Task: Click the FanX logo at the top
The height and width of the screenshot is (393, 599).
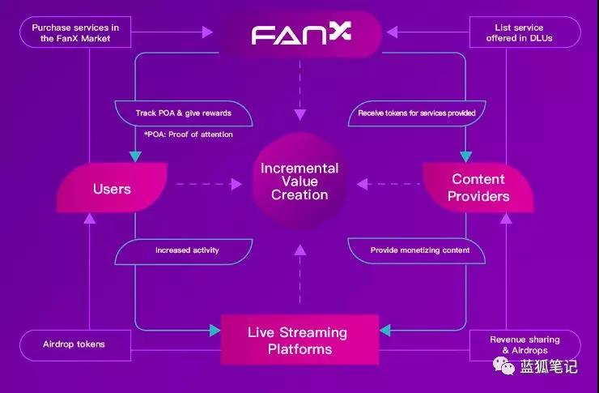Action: [x=301, y=33]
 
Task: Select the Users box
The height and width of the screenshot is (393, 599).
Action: [x=113, y=188]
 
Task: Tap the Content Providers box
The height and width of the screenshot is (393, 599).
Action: [x=478, y=188]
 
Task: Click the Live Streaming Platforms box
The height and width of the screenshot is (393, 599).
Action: [x=299, y=340]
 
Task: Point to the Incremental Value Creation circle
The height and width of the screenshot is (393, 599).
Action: [x=299, y=182]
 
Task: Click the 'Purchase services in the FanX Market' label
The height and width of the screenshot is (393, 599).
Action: [x=75, y=32]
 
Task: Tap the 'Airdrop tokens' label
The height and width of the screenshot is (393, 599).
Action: [x=75, y=345]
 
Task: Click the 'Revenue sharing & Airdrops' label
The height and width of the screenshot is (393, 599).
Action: [x=525, y=345]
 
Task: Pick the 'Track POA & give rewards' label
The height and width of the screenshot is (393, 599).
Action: [x=184, y=113]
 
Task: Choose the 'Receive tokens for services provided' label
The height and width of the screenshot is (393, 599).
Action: [x=417, y=113]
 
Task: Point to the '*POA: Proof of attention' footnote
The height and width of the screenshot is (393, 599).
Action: [x=189, y=135]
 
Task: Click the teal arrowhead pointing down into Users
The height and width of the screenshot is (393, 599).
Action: [x=135, y=156]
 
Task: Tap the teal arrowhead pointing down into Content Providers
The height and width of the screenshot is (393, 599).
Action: [x=465, y=156]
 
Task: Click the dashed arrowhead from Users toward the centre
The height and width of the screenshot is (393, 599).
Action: [x=236, y=184]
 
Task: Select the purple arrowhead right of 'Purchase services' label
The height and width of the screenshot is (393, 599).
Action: [x=207, y=32]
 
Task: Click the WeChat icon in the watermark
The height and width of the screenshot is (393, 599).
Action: [x=503, y=366]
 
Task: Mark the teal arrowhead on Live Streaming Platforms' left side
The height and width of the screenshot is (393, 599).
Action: [x=215, y=331]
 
